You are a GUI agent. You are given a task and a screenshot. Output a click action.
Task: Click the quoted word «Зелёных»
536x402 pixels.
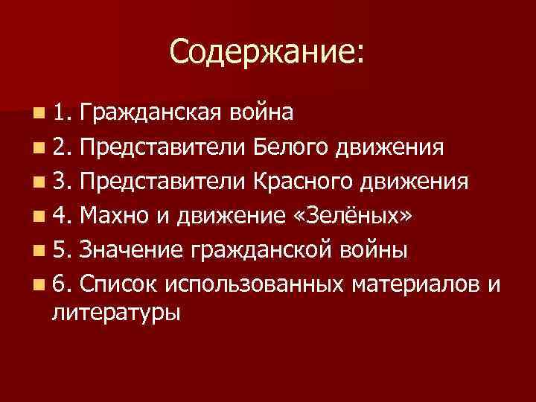(354, 215)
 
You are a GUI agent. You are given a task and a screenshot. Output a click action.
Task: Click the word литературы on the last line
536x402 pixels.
(116, 312)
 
